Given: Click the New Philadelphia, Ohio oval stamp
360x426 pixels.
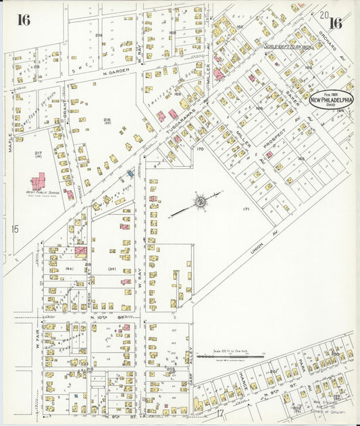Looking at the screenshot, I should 331,99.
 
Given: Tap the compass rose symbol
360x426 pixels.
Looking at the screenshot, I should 201,201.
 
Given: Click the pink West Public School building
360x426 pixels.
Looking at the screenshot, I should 38,181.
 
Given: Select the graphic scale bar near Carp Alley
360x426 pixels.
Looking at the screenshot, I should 228,355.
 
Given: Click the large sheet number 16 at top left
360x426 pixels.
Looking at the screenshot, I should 24,20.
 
